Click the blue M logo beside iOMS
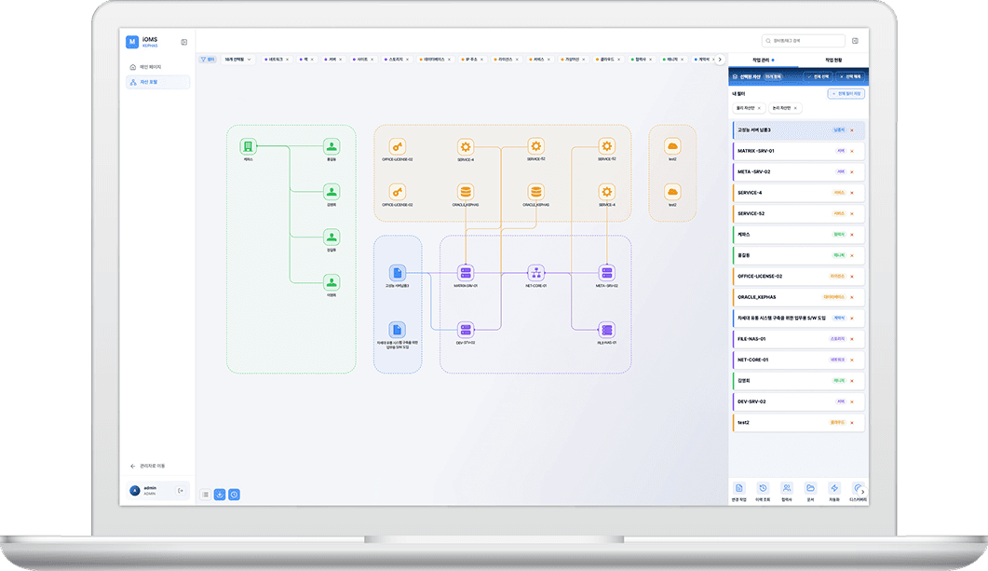coord(131,41)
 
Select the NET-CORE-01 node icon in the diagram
coord(535,272)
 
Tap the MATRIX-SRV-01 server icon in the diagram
coord(466,272)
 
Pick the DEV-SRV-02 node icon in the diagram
coord(466,329)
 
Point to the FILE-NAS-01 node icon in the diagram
coord(607,329)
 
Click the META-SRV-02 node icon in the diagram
coord(607,272)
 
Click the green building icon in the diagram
coord(248,146)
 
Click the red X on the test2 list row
coord(851,422)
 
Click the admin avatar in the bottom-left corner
coord(135,490)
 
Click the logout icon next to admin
coord(181,490)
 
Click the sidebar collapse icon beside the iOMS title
coord(184,42)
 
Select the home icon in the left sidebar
coord(133,67)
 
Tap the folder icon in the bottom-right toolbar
coord(811,488)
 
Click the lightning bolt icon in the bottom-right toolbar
coord(834,488)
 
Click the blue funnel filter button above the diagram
coord(208,59)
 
